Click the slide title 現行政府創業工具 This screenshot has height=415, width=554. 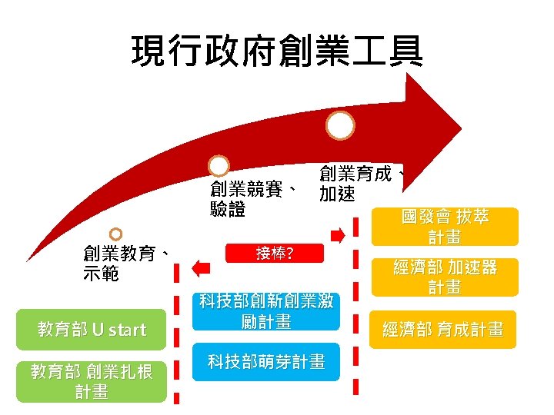click(x=277, y=51)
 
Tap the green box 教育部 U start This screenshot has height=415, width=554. click(x=92, y=330)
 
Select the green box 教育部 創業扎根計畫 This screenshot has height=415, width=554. click(x=92, y=381)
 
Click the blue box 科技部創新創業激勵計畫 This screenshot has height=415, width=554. click(x=265, y=310)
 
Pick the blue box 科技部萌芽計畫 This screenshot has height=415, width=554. click(x=265, y=362)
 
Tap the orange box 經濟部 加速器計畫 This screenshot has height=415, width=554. click(x=444, y=277)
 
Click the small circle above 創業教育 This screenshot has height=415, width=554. click(x=115, y=234)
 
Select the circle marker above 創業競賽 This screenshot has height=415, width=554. click(x=219, y=166)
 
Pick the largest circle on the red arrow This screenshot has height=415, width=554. click(x=340, y=125)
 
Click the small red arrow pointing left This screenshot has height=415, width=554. click(x=202, y=267)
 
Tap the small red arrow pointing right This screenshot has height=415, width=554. click(x=337, y=233)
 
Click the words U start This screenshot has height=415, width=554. click(x=118, y=330)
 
